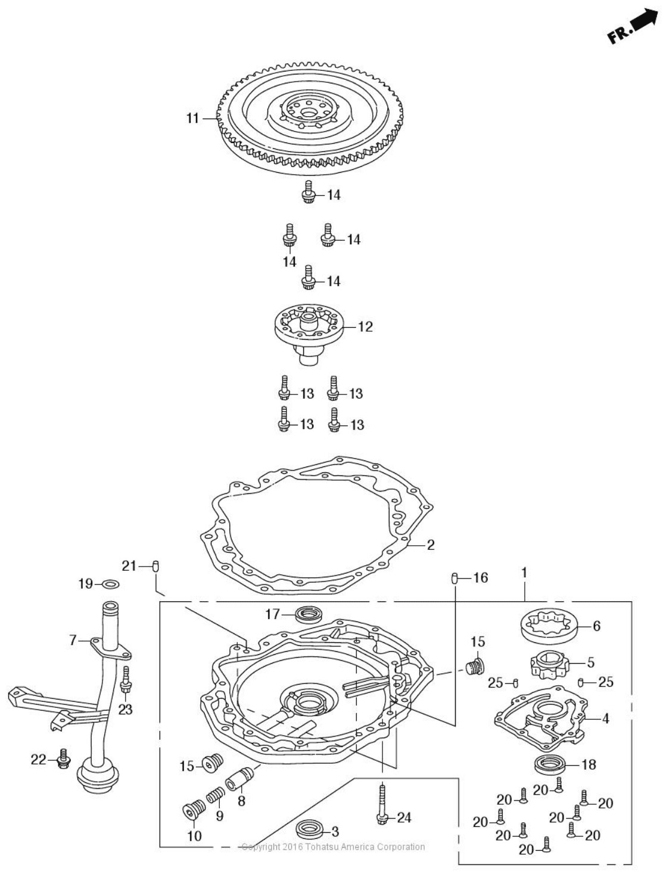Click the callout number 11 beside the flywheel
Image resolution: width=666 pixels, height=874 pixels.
[192, 118]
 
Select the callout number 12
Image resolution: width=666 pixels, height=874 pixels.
[365, 327]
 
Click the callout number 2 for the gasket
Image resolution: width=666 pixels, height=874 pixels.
[430, 545]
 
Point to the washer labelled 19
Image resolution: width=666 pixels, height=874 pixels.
[111, 584]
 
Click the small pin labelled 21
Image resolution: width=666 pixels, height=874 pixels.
[156, 566]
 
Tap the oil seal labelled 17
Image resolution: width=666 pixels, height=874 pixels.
[308, 614]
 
